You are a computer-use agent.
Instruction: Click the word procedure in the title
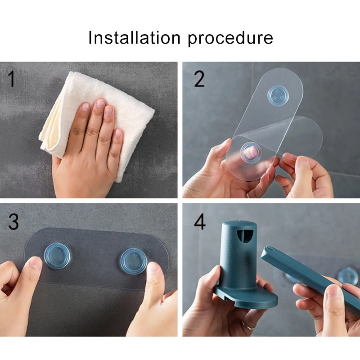[x=230, y=39]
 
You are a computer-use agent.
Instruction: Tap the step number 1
[x=12, y=79]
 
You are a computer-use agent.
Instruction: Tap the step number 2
[x=199, y=79]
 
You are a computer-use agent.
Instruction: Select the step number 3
[x=13, y=221]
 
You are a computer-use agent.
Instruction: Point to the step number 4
[x=200, y=221]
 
